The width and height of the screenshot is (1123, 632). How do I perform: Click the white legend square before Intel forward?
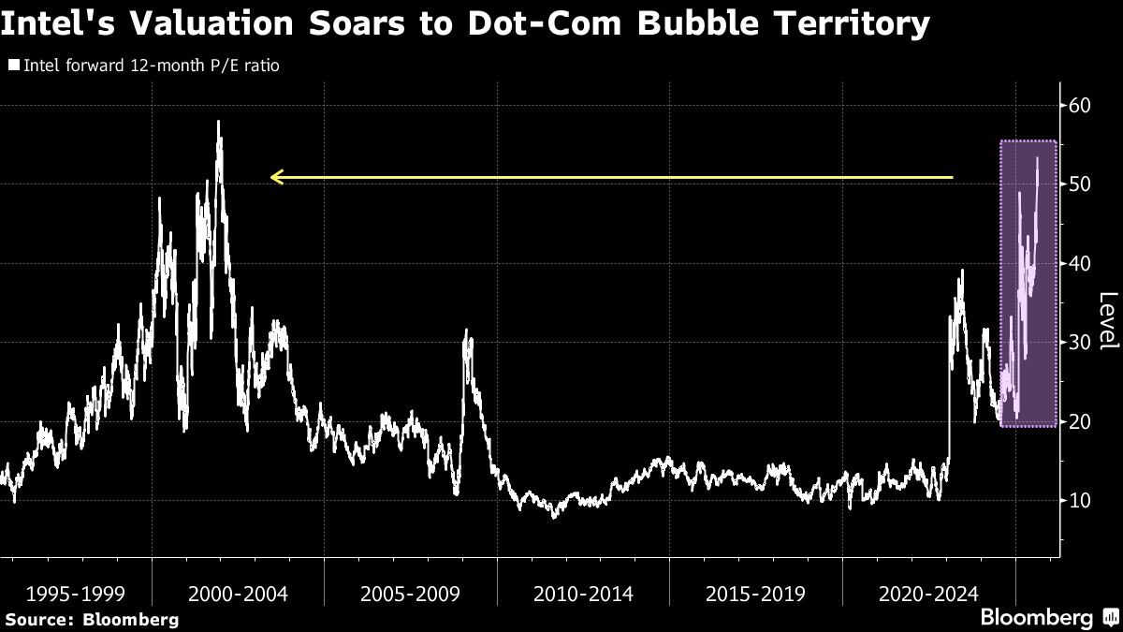(14, 66)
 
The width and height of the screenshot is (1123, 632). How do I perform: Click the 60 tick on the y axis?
(1081, 106)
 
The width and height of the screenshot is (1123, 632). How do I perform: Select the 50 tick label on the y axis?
(1081, 184)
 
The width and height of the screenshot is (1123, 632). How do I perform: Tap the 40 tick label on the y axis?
(1081, 264)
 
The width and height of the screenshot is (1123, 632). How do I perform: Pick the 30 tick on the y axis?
(1081, 343)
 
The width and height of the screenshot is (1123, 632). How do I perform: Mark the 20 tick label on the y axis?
(1081, 421)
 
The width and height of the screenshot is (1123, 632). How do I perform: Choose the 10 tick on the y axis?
(1081, 501)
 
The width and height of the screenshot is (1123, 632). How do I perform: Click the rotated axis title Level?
(1107, 320)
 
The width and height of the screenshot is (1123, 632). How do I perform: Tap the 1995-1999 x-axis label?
(76, 594)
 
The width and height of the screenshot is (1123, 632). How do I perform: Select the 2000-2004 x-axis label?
(239, 594)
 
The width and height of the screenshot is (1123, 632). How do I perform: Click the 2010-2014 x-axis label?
(583, 594)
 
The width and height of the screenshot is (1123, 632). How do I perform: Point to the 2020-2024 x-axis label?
(927, 594)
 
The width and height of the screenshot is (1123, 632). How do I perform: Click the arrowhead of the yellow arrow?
(274, 176)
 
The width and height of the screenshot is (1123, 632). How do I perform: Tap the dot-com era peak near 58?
(218, 123)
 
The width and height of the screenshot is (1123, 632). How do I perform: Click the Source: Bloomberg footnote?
(91, 620)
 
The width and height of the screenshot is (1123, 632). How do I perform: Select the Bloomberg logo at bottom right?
(1046, 618)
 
